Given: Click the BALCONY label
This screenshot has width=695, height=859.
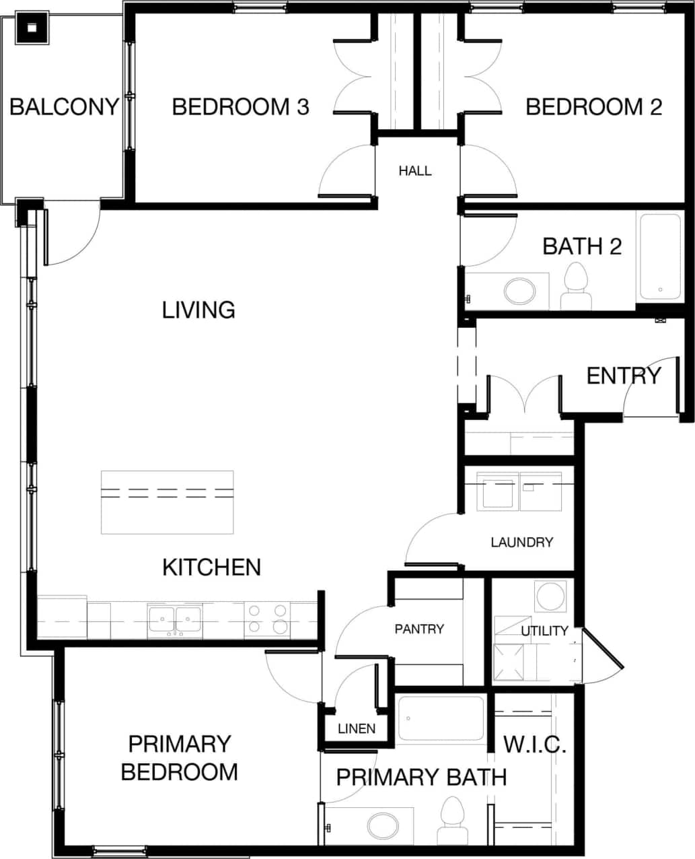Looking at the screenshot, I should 64,107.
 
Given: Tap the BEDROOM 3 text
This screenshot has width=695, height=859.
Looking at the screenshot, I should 240,107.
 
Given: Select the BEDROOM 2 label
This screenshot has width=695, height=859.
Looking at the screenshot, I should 593,107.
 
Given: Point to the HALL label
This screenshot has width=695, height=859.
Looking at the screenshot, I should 414,171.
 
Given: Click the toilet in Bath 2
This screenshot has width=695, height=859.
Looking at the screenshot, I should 575,287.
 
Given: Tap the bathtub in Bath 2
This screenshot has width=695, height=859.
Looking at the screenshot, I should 659,256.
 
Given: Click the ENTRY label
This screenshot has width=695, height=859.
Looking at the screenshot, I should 623,376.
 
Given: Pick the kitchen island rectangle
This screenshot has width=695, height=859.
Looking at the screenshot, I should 167,502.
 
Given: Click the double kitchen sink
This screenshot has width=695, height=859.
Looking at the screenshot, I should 175,619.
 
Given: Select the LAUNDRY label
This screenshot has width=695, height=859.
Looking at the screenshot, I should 521,542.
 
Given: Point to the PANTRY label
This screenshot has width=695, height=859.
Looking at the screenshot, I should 419,629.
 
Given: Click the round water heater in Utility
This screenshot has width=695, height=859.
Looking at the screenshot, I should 550,596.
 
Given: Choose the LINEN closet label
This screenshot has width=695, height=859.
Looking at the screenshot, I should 357,729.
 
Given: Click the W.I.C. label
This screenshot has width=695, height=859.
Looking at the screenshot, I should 535,745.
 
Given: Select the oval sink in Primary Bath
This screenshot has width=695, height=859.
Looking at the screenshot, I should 383,825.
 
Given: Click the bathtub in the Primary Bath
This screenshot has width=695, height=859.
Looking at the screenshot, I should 441,718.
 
